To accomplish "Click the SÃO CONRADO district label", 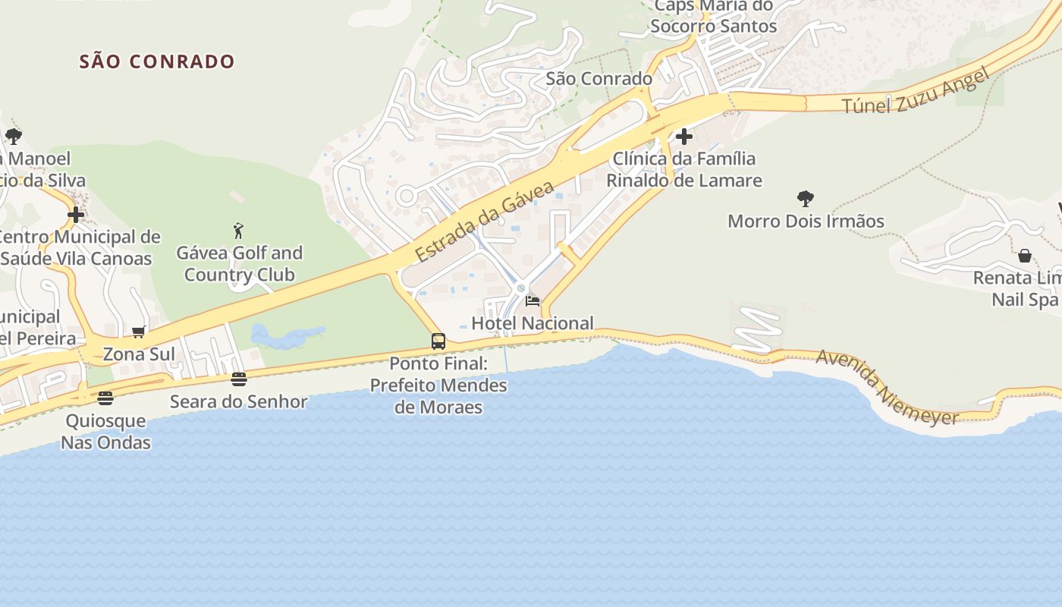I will pyautogui.click(x=157, y=61).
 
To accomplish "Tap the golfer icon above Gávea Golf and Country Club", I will pyautogui.click(x=239, y=230).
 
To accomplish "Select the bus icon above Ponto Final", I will pyautogui.click(x=438, y=341).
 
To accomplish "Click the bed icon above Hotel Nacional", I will pyautogui.click(x=533, y=301).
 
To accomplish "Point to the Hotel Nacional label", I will pyautogui.click(x=533, y=323).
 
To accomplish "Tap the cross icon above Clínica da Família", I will pyautogui.click(x=684, y=137).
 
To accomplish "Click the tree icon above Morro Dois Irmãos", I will pyautogui.click(x=806, y=199).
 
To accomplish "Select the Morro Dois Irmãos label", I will pyautogui.click(x=806, y=222).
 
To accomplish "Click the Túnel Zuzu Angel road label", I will pyautogui.click(x=916, y=91).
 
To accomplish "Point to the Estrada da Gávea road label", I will pyautogui.click(x=485, y=220).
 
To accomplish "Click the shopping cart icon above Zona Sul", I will pyautogui.click(x=139, y=332).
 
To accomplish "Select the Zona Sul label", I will pyautogui.click(x=139, y=354).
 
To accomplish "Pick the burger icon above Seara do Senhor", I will pyautogui.click(x=239, y=379).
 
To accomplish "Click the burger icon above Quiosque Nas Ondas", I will pyautogui.click(x=105, y=398).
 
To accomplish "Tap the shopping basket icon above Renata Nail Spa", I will pyautogui.click(x=1025, y=256).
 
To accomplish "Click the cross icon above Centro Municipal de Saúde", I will pyautogui.click(x=76, y=215).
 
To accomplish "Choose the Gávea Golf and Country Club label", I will pyautogui.click(x=239, y=263).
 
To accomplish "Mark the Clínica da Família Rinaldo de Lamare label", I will pyautogui.click(x=684, y=169).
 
